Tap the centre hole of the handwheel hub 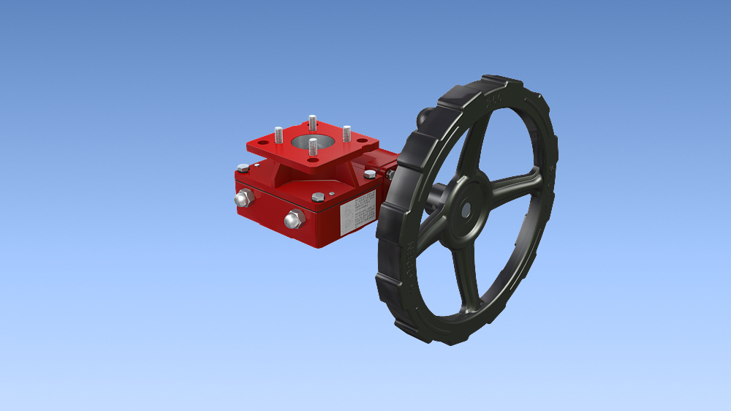point(466,208)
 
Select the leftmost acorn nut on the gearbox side point(243,198)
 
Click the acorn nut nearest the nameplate point(294,218)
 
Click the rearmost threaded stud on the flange point(312,121)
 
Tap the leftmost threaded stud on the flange point(279,135)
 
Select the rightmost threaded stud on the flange point(346,134)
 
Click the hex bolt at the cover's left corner point(243,168)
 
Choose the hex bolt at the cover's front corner point(317,197)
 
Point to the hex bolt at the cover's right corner point(370,174)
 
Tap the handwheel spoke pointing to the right point(515,184)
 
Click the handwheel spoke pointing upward point(474,146)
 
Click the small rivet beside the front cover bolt point(331,194)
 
